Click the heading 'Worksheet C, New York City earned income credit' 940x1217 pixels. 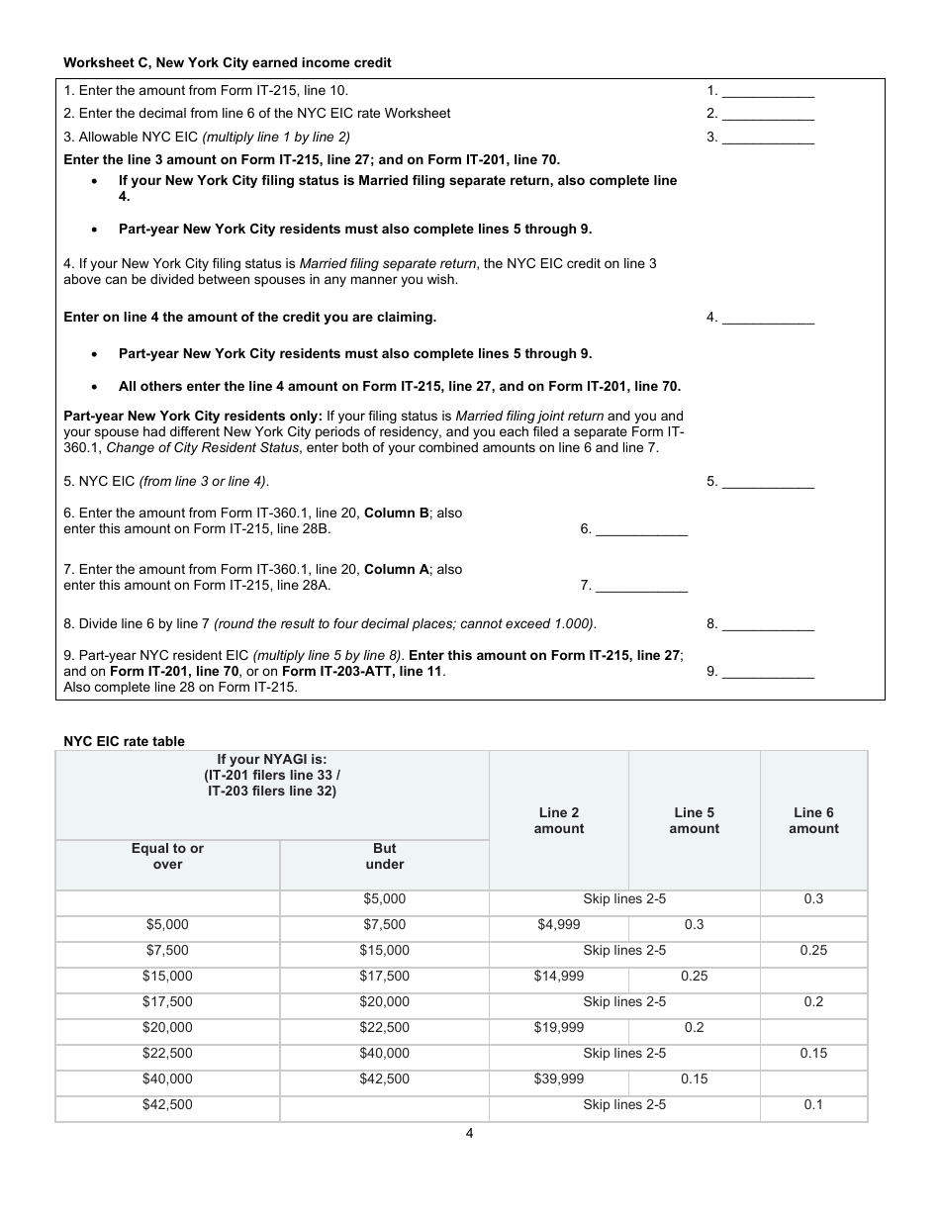(x=228, y=63)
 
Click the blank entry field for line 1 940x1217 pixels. (x=769, y=91)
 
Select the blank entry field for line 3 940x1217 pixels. (x=769, y=139)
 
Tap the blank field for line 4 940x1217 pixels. (x=769, y=319)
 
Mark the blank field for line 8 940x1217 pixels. (x=769, y=625)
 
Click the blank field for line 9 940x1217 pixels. (x=769, y=673)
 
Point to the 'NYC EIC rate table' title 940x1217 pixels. (x=124, y=741)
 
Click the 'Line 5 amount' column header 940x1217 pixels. (x=694, y=820)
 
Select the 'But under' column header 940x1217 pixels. (x=385, y=856)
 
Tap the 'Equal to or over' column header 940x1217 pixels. (x=167, y=856)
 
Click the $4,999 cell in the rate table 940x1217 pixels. (x=559, y=924)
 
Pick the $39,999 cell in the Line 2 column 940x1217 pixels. (x=559, y=1078)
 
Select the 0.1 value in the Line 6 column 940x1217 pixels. (x=813, y=1104)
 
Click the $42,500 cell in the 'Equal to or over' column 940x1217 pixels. (x=167, y=1104)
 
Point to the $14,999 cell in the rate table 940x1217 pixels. (x=559, y=976)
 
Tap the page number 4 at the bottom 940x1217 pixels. (x=469, y=1134)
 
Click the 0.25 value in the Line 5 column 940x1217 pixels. (x=694, y=976)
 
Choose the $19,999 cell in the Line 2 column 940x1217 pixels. (x=559, y=1027)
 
